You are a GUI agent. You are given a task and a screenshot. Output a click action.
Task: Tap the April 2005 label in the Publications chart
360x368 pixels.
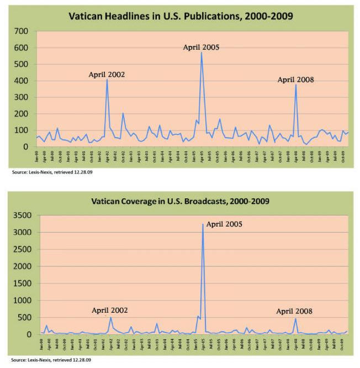tap(202, 48)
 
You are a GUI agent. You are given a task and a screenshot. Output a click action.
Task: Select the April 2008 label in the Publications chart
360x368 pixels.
tap(295, 80)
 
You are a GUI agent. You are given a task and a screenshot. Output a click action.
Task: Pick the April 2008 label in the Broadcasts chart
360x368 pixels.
tap(294, 311)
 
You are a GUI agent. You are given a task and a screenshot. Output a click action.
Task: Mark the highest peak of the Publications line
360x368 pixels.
tap(202, 52)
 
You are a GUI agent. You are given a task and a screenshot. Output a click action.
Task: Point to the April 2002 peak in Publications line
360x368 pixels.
tap(107, 80)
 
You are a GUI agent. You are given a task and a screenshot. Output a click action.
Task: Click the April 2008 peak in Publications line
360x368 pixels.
tap(296, 85)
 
